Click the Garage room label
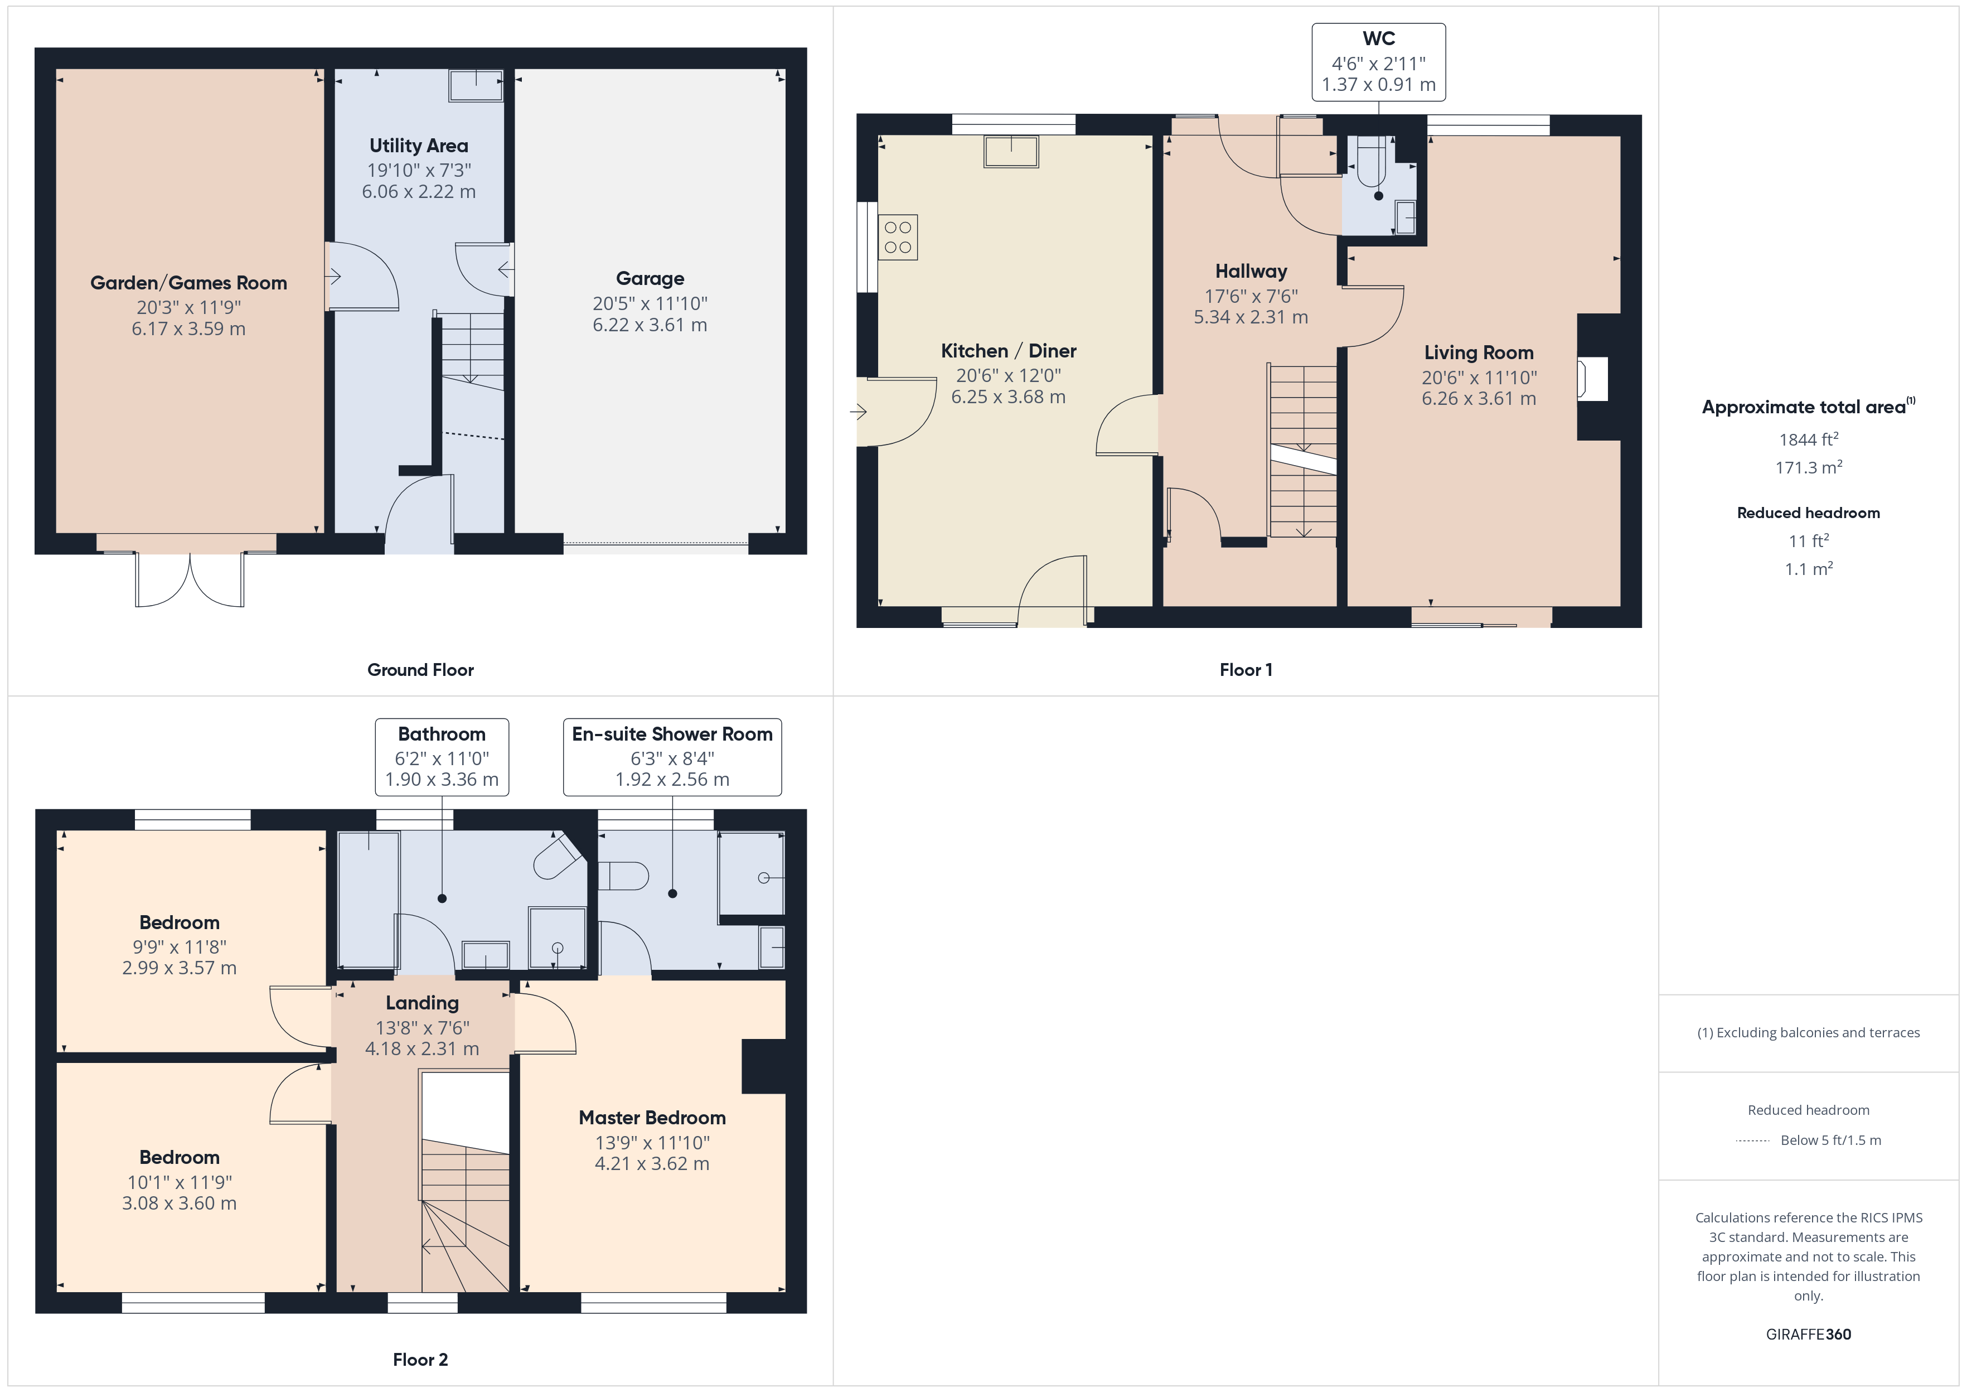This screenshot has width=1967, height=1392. point(650,279)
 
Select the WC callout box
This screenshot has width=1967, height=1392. point(1378,62)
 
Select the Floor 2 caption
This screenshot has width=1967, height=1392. point(420,1360)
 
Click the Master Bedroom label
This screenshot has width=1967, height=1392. point(652,1118)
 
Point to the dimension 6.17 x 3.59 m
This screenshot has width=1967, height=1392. point(188,329)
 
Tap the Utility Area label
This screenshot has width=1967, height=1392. point(418,146)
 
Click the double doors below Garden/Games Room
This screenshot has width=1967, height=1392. point(190,581)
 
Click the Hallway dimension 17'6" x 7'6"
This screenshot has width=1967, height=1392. point(1251,296)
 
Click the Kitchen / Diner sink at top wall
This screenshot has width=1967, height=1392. point(1011,152)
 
